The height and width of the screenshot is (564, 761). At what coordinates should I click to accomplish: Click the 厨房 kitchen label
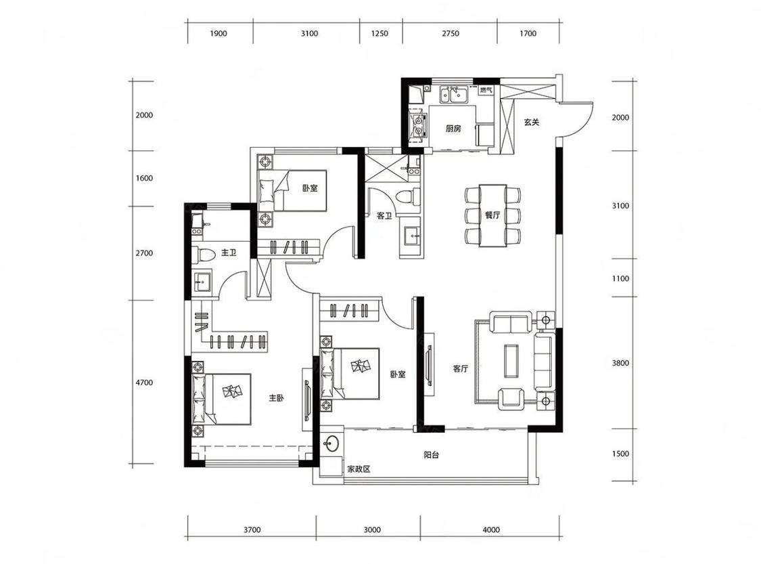(x=453, y=129)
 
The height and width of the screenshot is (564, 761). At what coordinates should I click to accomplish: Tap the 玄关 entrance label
(x=532, y=122)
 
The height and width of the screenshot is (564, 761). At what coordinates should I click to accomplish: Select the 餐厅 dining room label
(x=492, y=215)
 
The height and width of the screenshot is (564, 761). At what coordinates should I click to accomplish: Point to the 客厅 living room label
(x=460, y=369)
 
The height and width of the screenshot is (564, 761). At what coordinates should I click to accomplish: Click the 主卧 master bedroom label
(x=276, y=398)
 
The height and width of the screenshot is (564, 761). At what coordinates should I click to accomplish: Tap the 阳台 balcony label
(x=431, y=455)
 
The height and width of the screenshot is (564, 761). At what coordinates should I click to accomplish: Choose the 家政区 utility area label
(x=359, y=469)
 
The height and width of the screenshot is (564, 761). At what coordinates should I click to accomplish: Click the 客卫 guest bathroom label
(x=384, y=216)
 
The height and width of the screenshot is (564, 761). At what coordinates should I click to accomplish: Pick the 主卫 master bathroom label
(x=228, y=253)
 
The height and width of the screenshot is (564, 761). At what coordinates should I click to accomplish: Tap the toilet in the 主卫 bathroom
(x=203, y=254)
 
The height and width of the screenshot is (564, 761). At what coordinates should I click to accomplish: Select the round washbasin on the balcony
(x=332, y=443)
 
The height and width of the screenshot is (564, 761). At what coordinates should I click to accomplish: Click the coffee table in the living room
(x=511, y=360)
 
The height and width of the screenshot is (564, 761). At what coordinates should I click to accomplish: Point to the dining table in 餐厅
(x=492, y=215)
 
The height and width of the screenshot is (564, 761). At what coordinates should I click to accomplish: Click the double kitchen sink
(x=454, y=95)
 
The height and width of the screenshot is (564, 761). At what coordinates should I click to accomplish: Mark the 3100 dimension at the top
(x=309, y=34)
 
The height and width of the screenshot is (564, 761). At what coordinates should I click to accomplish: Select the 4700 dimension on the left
(x=144, y=383)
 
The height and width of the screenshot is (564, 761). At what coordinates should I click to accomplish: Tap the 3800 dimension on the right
(x=620, y=363)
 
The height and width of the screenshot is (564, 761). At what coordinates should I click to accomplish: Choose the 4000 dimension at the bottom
(x=491, y=529)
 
